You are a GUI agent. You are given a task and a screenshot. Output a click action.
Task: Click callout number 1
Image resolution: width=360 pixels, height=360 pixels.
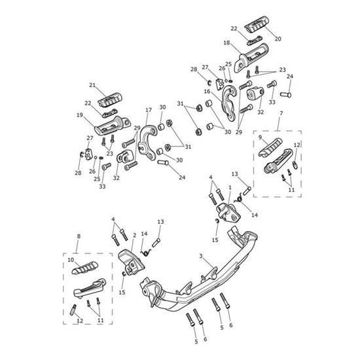230,187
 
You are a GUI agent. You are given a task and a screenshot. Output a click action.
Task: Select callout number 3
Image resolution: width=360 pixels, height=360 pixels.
200,256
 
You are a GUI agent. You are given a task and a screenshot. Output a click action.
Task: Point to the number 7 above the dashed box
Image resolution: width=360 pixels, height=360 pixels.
281,114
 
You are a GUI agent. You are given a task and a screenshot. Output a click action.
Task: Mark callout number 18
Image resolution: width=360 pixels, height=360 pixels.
226,43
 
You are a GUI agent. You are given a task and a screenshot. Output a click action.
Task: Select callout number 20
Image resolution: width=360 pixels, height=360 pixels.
278,39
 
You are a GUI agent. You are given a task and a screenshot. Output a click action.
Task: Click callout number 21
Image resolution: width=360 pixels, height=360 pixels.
92,86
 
